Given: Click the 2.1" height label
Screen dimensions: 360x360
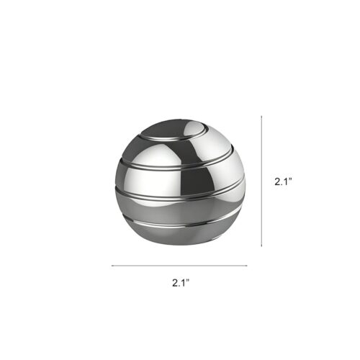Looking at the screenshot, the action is [x=283, y=181].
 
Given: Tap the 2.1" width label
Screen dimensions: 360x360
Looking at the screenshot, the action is [x=181, y=283].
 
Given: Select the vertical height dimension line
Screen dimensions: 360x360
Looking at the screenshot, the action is [x=261, y=181].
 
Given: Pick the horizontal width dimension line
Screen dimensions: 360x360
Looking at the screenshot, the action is [x=179, y=266].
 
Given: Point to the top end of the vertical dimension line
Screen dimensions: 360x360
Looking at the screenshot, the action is [x=261, y=116].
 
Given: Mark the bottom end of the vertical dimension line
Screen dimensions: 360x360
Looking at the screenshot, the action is [x=261, y=246].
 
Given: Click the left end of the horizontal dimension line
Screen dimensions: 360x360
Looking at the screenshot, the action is [x=112, y=266].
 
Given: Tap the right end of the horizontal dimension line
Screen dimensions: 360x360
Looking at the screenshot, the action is [x=247, y=266].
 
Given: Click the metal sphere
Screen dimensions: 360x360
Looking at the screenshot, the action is [x=181, y=182].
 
